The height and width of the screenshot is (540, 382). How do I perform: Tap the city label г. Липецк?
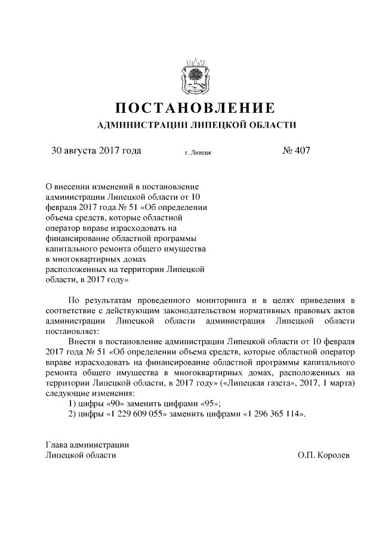199,152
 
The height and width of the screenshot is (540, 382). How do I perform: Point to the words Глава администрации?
87,445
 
